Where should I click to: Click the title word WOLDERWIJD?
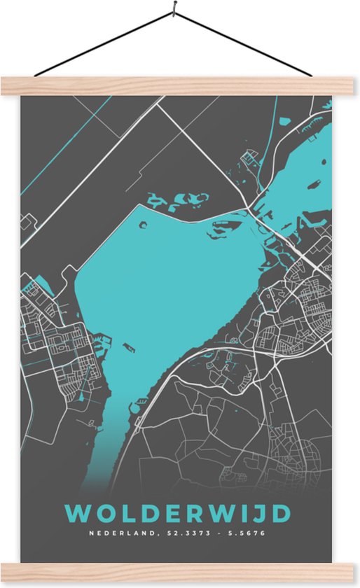[x=180, y=513]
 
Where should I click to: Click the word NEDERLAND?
[x=113, y=534]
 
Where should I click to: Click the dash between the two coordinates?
[x=210, y=534]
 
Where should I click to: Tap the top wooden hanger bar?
[x=180, y=85]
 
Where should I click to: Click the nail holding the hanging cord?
[x=174, y=10]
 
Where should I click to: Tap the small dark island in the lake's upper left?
[x=143, y=225]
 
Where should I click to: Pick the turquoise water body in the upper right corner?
[x=308, y=161]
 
